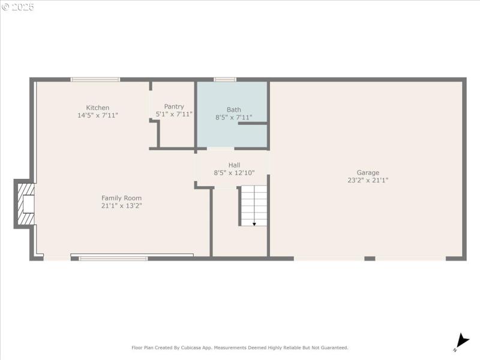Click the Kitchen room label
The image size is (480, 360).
(98, 108)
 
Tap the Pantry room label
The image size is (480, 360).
(174, 107)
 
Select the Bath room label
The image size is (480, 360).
(234, 110)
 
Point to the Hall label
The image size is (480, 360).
(234, 165)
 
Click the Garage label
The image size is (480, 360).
(368, 173)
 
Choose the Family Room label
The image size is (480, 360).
(121, 198)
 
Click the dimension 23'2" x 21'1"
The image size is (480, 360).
(368, 180)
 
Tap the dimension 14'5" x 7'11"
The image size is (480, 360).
(98, 115)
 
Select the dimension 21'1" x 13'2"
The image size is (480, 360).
(121, 205)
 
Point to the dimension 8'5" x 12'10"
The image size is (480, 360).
(234, 173)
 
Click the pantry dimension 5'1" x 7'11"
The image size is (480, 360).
(174, 114)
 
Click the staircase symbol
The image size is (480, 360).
(254, 205)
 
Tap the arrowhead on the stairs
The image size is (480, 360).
(254, 224)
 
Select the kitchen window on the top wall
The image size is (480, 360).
(95, 79)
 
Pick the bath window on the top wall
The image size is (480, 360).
(225, 79)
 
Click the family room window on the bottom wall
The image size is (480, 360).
(113, 259)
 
